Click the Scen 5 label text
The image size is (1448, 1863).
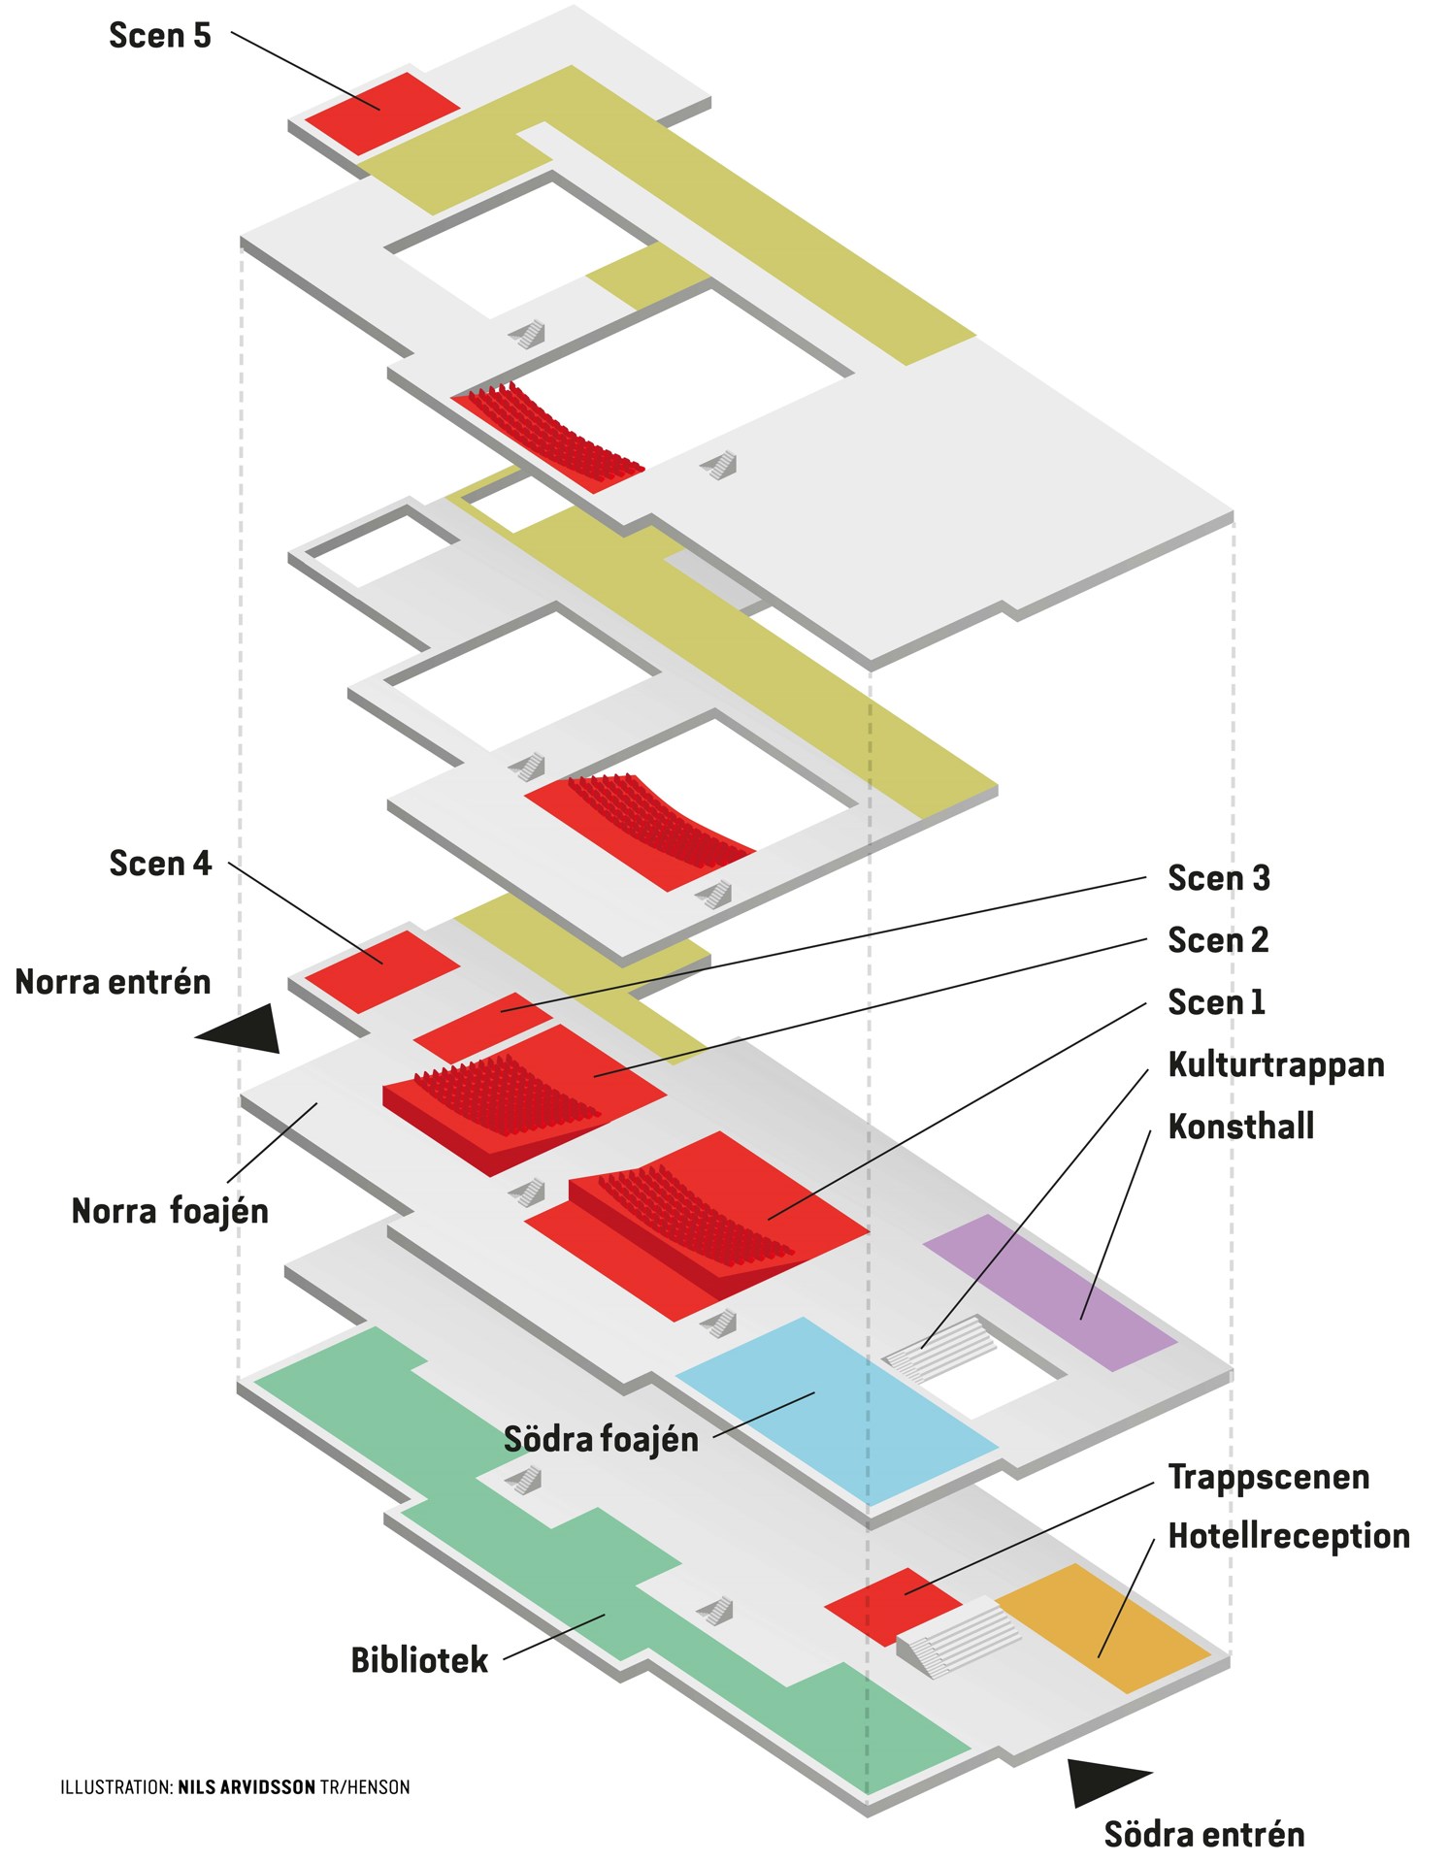click(159, 36)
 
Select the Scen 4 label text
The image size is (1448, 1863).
click(159, 864)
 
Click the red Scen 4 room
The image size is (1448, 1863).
click(382, 971)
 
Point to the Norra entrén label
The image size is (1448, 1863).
click(113, 982)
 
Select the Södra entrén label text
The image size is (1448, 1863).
click(1203, 1835)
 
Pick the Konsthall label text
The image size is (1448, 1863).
click(1240, 1127)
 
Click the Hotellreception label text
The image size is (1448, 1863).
click(1288, 1536)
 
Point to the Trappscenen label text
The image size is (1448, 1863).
click(1268, 1477)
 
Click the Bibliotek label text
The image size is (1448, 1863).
click(419, 1660)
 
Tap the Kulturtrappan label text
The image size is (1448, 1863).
click(1275, 1064)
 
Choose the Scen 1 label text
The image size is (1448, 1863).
click(1216, 1002)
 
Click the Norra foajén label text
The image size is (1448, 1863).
click(170, 1211)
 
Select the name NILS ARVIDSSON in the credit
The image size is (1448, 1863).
click(247, 1787)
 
